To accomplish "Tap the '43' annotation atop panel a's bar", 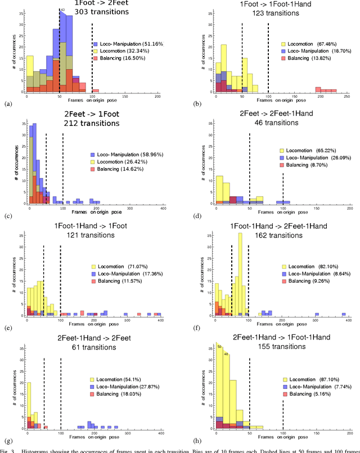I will tap(62, 10).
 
